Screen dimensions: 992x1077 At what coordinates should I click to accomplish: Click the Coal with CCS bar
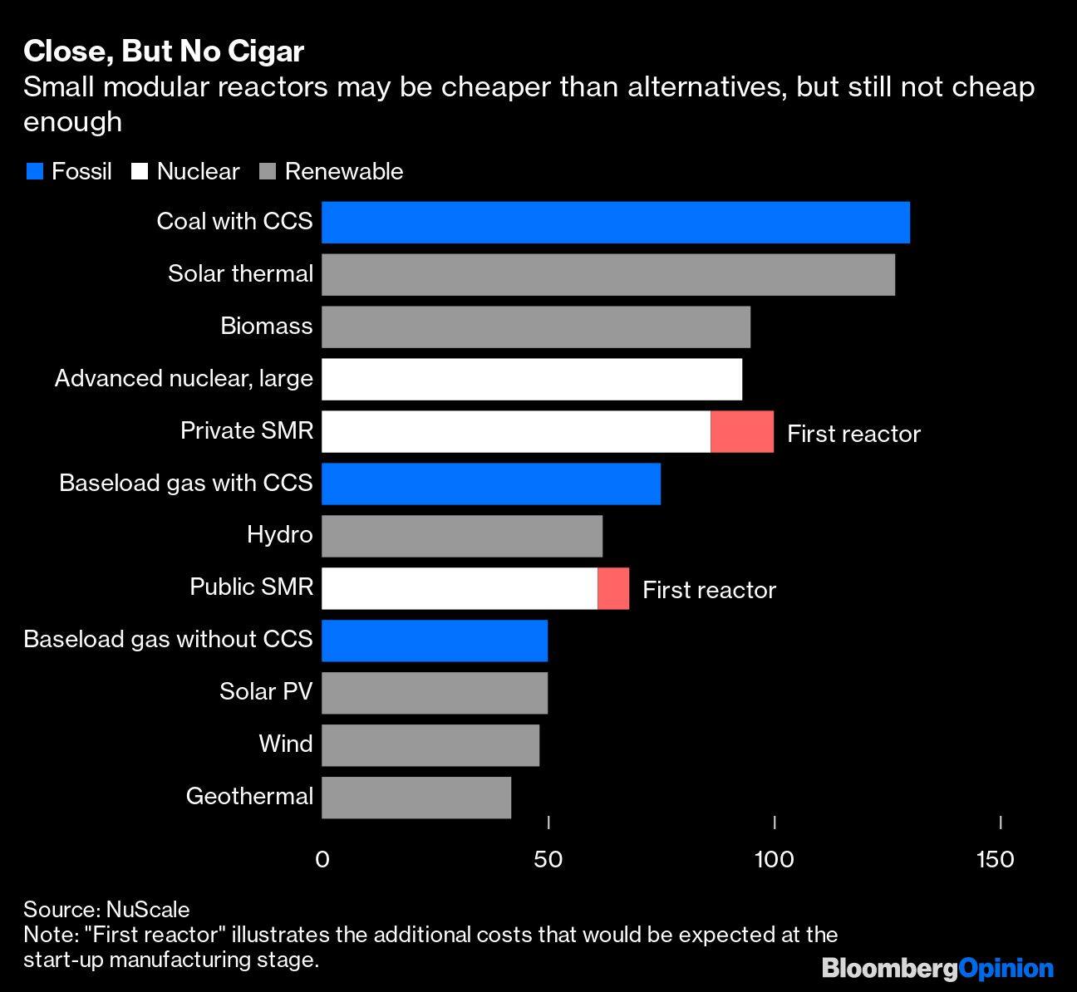click(x=615, y=223)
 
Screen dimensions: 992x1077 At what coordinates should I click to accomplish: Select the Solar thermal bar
click(x=607, y=275)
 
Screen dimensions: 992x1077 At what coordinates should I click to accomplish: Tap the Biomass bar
click(x=535, y=327)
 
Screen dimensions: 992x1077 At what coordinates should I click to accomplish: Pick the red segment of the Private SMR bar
click(x=742, y=432)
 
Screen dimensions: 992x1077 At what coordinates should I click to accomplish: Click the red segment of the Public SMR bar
click(x=613, y=589)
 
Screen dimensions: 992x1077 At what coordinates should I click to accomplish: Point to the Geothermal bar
click(x=416, y=798)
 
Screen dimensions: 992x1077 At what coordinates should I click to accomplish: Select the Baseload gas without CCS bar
click(x=434, y=641)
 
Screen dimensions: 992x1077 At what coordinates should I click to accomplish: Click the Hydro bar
click(x=461, y=536)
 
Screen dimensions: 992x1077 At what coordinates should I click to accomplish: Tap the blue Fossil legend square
click(x=34, y=172)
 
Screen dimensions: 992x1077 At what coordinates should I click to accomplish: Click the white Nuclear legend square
click(x=140, y=172)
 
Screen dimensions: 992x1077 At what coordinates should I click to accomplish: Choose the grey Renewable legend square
click(x=268, y=172)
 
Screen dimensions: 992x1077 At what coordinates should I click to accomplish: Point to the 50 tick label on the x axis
click(x=548, y=859)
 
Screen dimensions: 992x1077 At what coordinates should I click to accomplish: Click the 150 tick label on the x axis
click(x=995, y=859)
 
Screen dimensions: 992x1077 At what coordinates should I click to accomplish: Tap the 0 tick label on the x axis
click(x=322, y=859)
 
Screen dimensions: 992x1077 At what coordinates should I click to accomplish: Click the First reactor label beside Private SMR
click(x=853, y=434)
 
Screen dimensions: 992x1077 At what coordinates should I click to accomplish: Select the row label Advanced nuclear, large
click(x=184, y=379)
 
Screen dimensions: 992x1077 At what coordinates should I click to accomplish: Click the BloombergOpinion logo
click(x=937, y=968)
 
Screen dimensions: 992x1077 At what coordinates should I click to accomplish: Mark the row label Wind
click(x=285, y=744)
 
